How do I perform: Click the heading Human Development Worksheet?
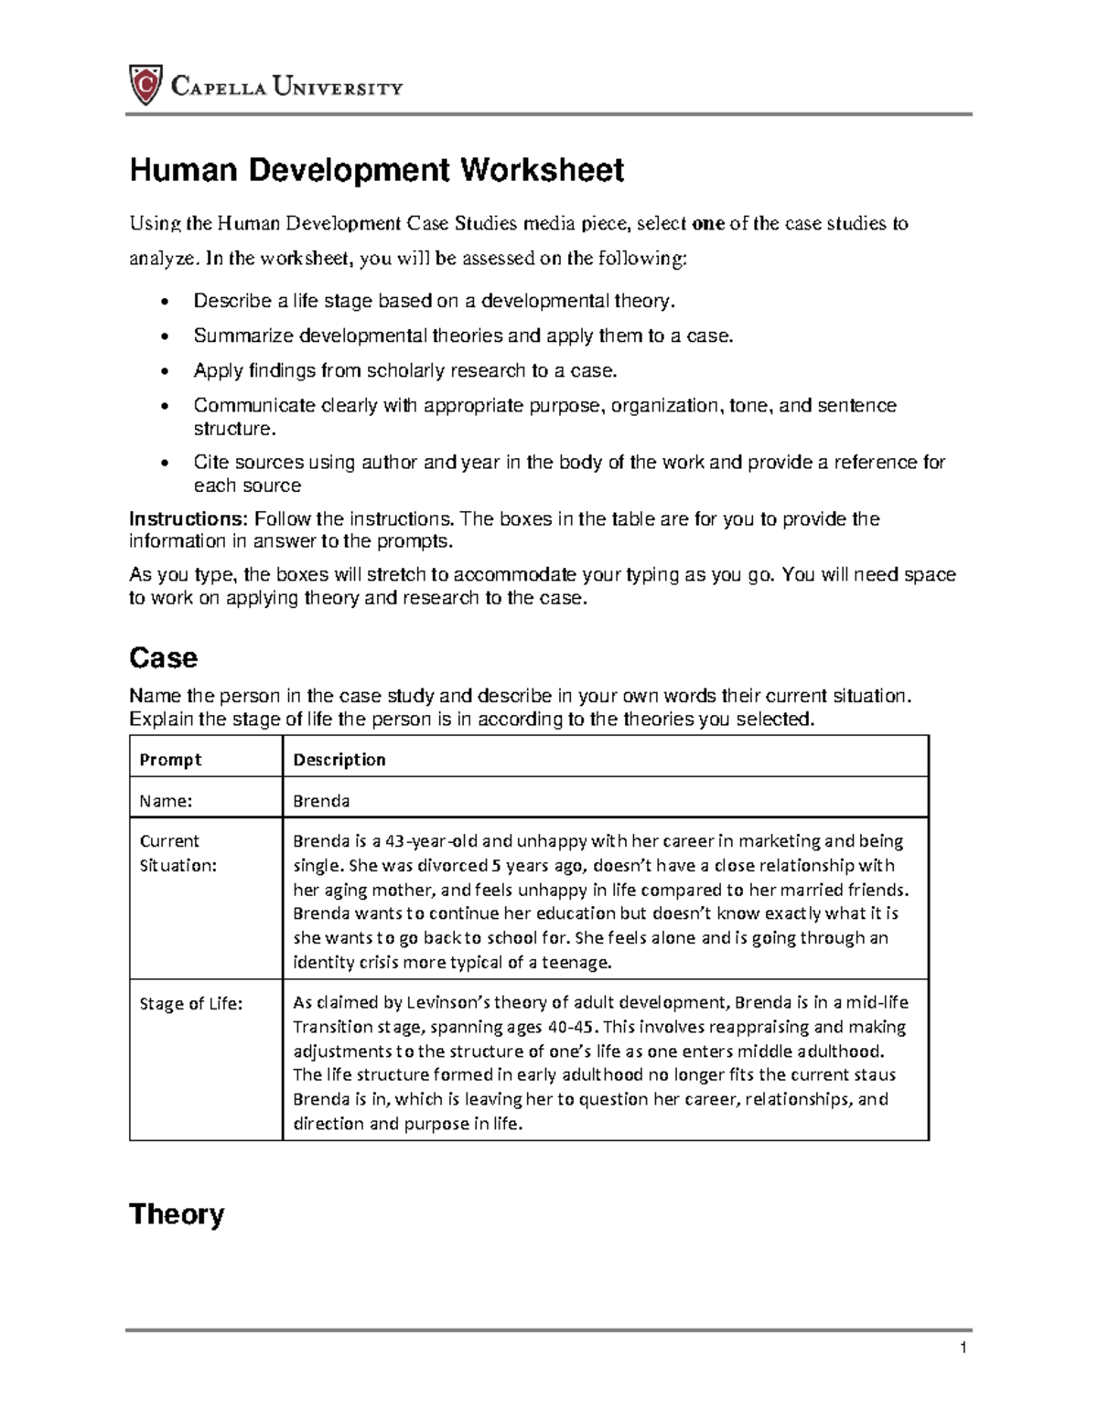pos(376,170)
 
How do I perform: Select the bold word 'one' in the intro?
pos(709,224)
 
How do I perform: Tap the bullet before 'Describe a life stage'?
pos(164,303)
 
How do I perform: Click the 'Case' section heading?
pos(164,657)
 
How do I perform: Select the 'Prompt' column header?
pos(170,760)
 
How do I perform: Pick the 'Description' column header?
pos(339,760)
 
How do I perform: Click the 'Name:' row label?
pos(166,801)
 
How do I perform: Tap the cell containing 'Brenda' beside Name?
pos(321,801)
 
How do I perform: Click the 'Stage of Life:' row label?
pos(191,1003)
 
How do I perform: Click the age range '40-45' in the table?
pos(569,1027)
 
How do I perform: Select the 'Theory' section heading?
pos(177,1214)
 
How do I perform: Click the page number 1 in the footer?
pos(963,1348)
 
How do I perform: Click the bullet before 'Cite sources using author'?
pos(164,464)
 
